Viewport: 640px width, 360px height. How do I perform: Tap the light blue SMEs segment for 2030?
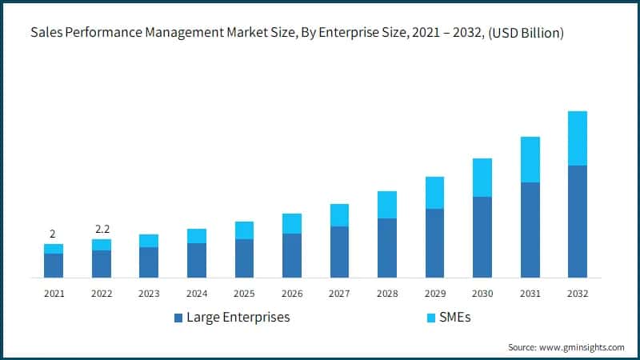click(482, 178)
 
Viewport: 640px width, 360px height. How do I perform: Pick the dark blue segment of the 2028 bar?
click(387, 248)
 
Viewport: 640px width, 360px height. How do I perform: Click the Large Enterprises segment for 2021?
click(54, 266)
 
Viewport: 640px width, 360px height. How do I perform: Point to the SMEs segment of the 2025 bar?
click(244, 230)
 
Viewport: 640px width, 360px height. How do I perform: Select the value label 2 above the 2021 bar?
click(53, 234)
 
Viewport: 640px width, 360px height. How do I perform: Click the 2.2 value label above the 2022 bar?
click(102, 229)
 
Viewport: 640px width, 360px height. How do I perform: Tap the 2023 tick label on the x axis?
click(149, 294)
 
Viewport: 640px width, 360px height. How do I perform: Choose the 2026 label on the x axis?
click(291, 294)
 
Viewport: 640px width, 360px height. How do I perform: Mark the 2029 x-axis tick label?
click(434, 294)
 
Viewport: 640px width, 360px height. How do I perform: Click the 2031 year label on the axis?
click(530, 294)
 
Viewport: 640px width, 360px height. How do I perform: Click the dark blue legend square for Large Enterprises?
click(178, 318)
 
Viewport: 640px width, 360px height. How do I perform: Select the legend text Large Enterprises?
click(238, 318)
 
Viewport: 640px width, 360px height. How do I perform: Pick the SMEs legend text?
click(454, 318)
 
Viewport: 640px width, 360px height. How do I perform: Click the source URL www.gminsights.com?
click(582, 347)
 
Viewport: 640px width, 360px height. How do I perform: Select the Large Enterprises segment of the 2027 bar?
click(339, 252)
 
